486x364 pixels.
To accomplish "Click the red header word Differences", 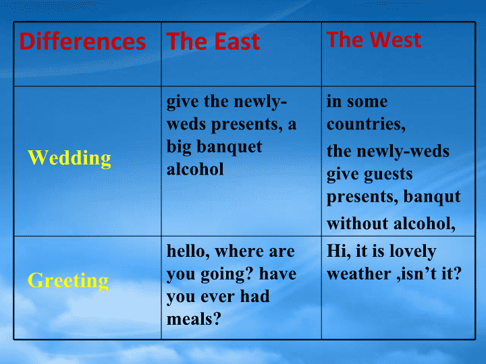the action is [82, 42].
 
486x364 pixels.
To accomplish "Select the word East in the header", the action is [237, 42].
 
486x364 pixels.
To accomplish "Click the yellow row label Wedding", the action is [70, 158].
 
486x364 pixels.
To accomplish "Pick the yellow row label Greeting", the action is [68, 280].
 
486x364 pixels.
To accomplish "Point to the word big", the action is [179, 147].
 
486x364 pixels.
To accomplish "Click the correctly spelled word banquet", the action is [230, 147].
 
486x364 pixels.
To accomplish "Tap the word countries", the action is [366, 125].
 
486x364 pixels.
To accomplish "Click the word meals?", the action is [194, 319].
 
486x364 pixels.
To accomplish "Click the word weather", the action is [359, 274].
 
